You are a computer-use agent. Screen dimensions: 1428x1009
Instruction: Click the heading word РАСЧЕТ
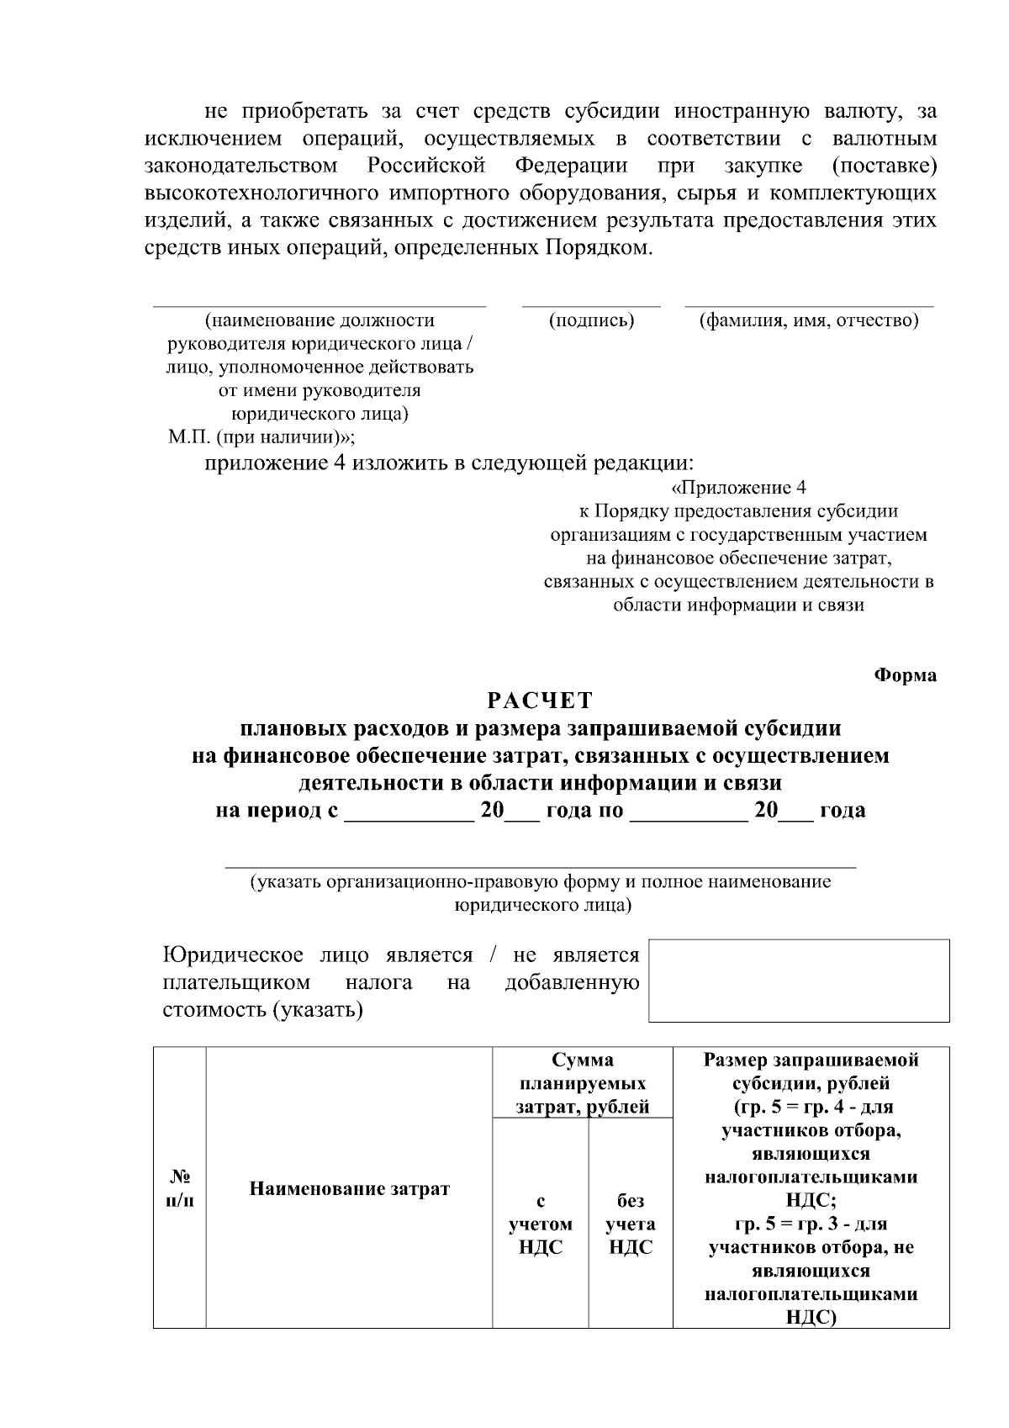(x=541, y=701)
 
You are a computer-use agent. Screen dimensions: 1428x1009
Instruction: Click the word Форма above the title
(x=905, y=675)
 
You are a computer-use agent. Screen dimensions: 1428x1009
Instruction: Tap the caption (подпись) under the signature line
(x=591, y=320)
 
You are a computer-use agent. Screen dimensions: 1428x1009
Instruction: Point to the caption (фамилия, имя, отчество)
(x=809, y=320)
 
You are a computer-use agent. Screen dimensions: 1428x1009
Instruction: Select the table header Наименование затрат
(x=349, y=1188)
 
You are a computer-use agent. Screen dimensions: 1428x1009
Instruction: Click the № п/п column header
(x=179, y=1187)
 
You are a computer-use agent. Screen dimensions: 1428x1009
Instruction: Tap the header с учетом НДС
(x=541, y=1224)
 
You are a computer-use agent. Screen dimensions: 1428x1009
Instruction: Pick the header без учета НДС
(x=631, y=1224)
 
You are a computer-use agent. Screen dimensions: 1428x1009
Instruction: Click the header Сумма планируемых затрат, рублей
(x=583, y=1083)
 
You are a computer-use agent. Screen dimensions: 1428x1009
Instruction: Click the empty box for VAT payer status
(x=799, y=981)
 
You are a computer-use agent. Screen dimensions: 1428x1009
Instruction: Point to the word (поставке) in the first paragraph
(x=884, y=166)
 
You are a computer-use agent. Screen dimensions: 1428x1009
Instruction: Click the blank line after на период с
(x=409, y=817)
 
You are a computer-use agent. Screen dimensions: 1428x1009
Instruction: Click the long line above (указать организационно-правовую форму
(x=540, y=865)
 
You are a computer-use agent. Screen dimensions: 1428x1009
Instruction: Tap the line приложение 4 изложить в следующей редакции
(x=451, y=463)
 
